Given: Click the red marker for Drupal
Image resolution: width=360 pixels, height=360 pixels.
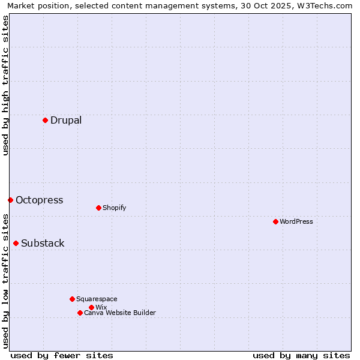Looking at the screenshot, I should point(45,120).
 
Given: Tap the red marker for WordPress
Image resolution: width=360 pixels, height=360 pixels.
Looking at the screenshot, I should point(275,221).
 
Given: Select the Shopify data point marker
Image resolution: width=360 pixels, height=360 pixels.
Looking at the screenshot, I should point(98,208).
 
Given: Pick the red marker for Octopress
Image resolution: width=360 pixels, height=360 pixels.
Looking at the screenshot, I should point(10,200).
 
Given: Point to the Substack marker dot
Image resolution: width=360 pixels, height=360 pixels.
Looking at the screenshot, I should point(16,243).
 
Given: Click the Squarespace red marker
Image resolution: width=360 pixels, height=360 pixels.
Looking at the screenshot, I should point(72,299).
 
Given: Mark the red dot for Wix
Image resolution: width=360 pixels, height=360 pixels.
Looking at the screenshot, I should point(91,307).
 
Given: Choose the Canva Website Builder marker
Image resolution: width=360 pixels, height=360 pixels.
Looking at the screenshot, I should point(80,313).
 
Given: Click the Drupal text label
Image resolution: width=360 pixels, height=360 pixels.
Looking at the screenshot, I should point(66,120).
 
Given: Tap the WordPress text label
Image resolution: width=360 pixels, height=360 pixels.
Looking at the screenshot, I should point(296,221).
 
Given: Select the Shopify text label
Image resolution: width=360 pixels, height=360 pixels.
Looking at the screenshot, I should point(114,208).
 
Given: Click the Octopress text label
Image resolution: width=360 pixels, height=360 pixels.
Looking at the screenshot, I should point(39,200).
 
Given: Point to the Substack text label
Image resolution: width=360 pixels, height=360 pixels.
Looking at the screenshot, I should point(43,243).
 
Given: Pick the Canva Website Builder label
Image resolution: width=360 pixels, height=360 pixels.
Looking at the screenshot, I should point(120,313).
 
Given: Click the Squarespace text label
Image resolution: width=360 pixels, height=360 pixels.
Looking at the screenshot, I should point(97,299).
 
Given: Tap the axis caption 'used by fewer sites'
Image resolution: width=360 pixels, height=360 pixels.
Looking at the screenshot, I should point(62,355).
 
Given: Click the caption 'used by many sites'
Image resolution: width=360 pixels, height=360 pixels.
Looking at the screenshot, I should point(301,355).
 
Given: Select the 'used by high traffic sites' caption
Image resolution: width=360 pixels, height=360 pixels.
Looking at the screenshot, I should point(5,85).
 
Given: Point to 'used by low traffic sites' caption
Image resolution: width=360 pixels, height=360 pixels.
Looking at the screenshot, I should point(5,280).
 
